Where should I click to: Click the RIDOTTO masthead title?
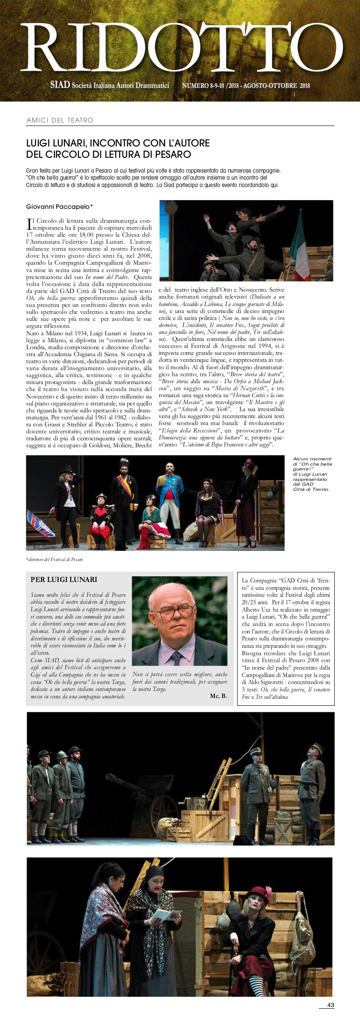pyautogui.click(x=181, y=47)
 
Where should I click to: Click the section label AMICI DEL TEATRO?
pyautogui.click(x=60, y=120)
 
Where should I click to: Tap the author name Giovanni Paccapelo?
pyautogui.click(x=59, y=207)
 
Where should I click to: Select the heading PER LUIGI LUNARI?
pyautogui.click(x=64, y=579)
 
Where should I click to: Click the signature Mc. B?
pyautogui.click(x=218, y=695)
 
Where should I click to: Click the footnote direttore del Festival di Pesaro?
pyautogui.click(x=54, y=559)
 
